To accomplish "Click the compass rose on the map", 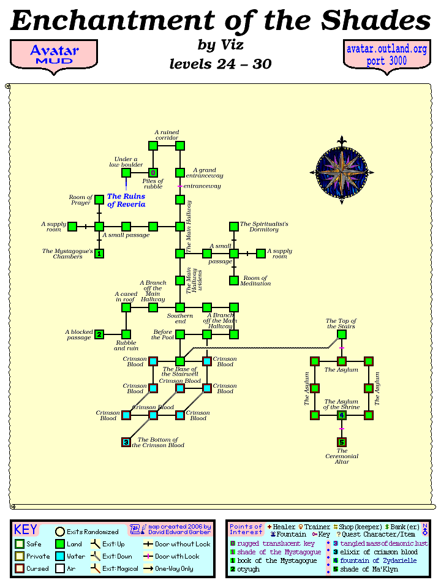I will pos(341,170).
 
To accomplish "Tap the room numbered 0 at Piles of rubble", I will pos(153,173).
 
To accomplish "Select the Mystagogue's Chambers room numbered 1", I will pos(99,253).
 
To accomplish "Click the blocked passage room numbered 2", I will pos(99,334).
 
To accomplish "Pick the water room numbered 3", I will pos(126,442).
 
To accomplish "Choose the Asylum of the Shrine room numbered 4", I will pos(342,415).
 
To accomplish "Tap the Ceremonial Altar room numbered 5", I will pos(342,442).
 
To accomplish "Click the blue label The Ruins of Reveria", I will pos(126,200).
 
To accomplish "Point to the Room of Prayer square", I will pos(99,200).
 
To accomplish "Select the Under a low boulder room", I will pos(126,173).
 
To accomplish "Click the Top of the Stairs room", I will pos(342,334).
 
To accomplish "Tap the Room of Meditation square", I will pos(233,281).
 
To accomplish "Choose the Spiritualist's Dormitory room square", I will pos(233,227).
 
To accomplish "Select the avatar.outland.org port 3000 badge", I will pos(386,55).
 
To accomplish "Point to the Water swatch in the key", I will pos(61,557).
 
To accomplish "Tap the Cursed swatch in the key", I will pos(20,569).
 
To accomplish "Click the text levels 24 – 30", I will pos(220,64).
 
